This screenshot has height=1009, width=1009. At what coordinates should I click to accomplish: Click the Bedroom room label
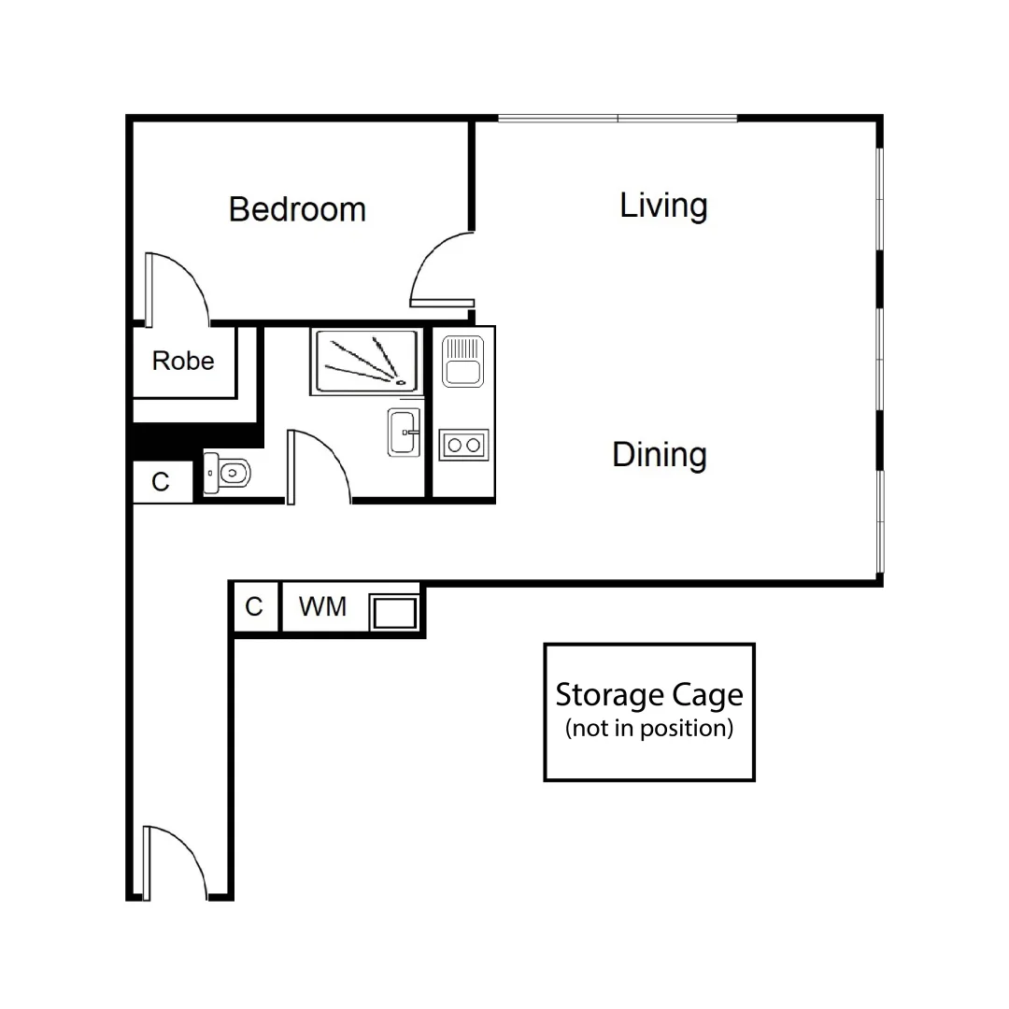tap(297, 209)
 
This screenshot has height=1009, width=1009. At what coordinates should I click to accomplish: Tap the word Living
tap(663, 206)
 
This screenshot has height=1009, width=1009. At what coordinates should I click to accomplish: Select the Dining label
tap(659, 455)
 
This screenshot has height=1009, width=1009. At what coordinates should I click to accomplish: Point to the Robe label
tap(183, 361)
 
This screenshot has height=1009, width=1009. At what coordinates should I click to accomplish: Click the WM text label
tap(322, 607)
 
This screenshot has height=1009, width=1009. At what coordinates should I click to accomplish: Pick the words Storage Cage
tap(649, 695)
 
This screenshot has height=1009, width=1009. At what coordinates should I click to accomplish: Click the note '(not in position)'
tap(649, 729)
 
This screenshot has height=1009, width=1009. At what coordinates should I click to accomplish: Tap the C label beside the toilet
tap(161, 482)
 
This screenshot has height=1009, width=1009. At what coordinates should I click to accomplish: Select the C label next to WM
tap(254, 607)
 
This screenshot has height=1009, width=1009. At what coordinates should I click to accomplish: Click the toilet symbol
tap(226, 474)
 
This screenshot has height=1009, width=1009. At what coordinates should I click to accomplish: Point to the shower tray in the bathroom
tap(365, 361)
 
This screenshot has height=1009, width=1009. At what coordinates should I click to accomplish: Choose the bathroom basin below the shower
tap(405, 433)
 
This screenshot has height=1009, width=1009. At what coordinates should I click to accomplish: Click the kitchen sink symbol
tap(462, 361)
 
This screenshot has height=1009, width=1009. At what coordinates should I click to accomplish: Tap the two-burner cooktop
tap(463, 445)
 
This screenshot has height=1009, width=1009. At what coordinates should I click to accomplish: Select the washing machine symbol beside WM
tap(393, 613)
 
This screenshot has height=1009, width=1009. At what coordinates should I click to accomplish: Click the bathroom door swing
tap(318, 465)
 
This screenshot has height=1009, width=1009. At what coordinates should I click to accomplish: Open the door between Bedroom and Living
tap(442, 271)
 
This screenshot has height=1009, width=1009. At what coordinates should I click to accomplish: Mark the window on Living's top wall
tap(618, 119)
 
